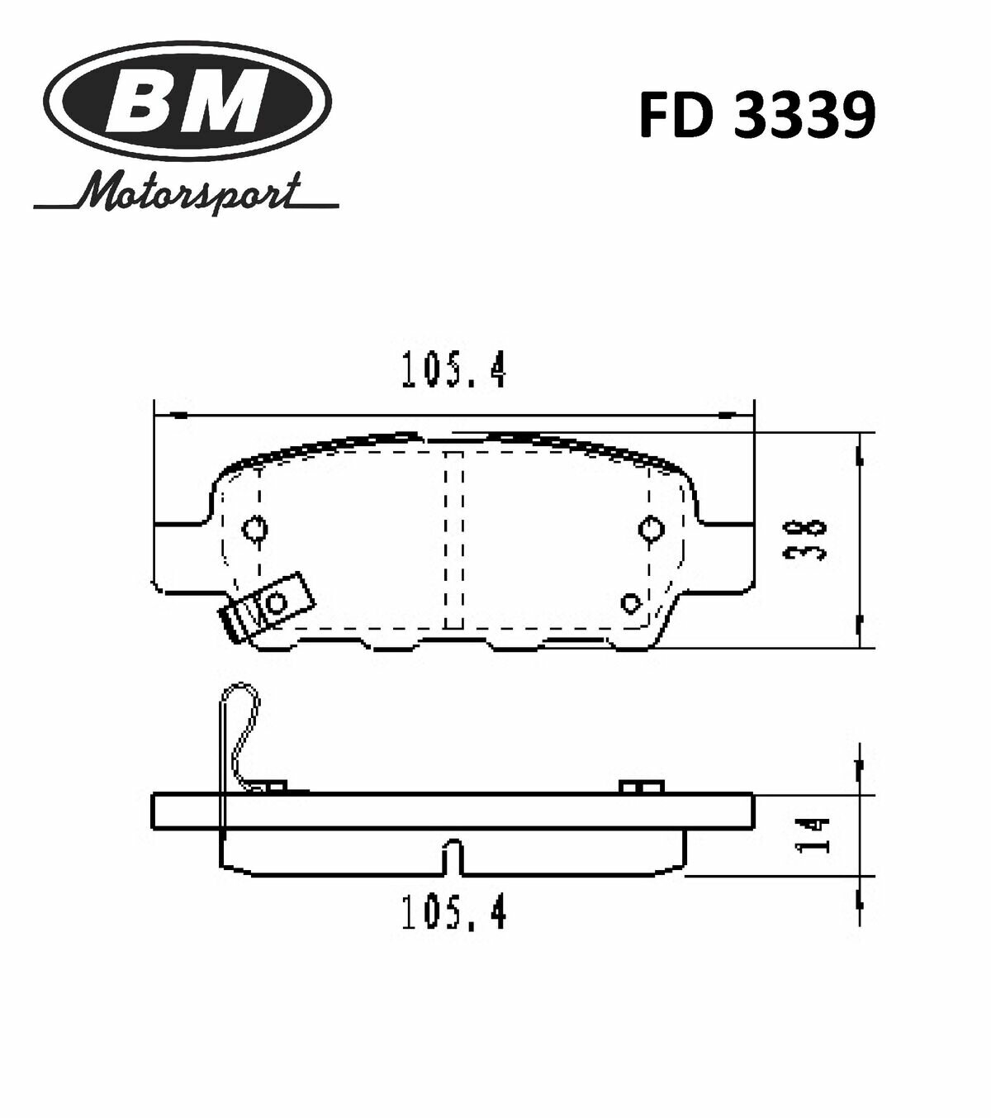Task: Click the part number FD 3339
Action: (x=756, y=117)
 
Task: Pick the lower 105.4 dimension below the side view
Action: (x=453, y=912)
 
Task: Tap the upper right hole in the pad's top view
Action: (x=651, y=527)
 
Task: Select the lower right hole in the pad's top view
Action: (x=632, y=602)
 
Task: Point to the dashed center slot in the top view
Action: (x=454, y=539)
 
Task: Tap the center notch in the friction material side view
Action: (x=453, y=855)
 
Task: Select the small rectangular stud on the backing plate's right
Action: (x=642, y=787)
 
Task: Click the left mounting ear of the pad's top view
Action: (x=180, y=556)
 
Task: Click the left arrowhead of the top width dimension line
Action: (x=172, y=415)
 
